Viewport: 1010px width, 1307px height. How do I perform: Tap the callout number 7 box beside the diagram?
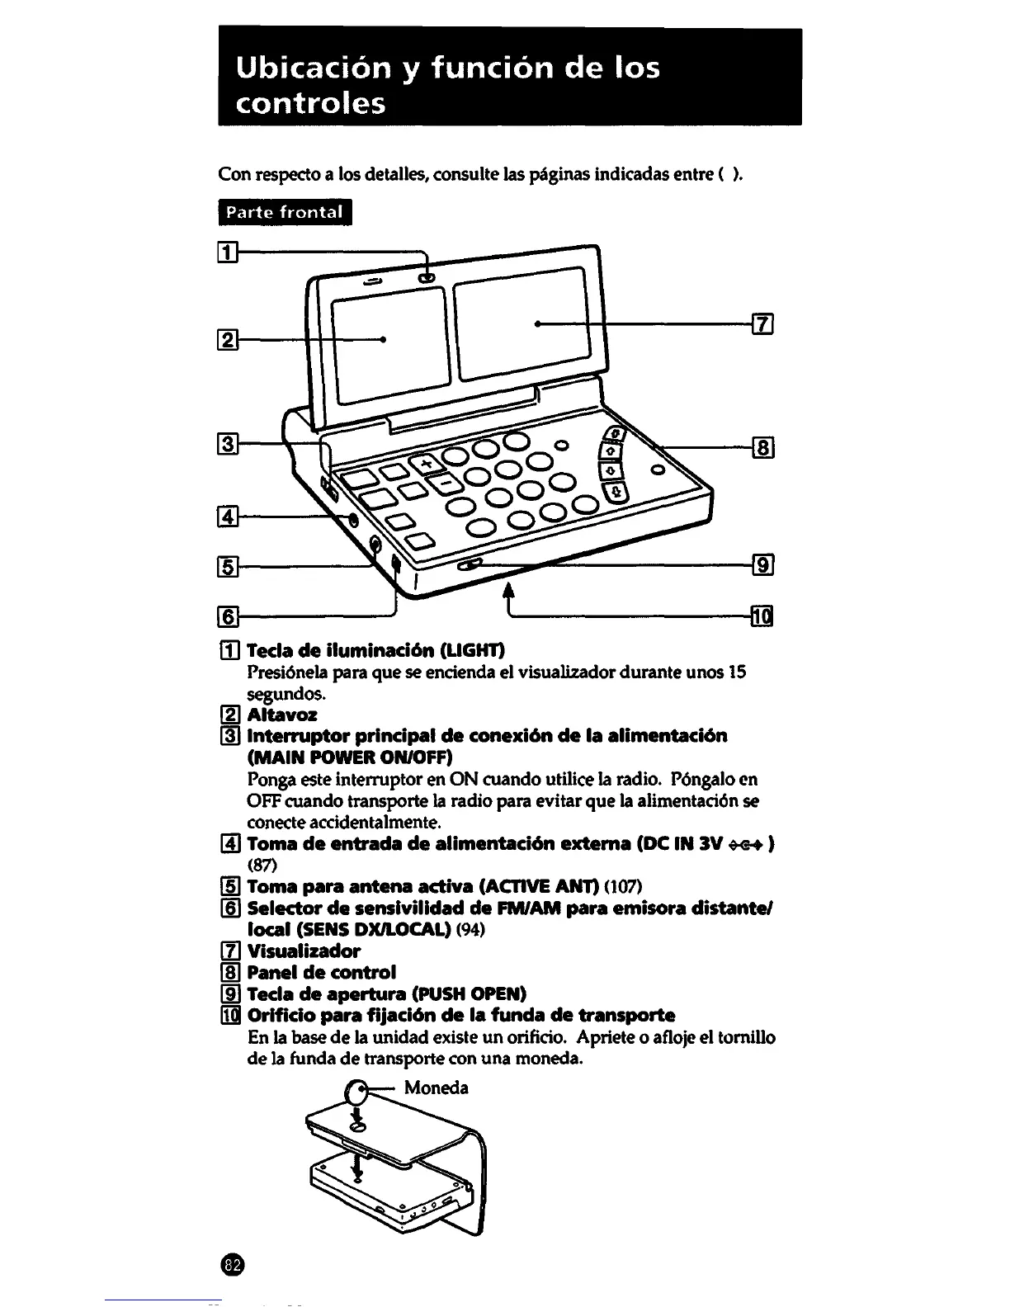click(762, 324)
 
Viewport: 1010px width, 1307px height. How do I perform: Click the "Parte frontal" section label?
click(285, 212)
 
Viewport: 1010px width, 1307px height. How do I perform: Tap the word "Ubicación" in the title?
click(311, 68)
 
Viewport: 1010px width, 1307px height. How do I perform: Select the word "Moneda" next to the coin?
click(437, 1088)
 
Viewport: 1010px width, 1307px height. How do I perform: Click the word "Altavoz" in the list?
click(282, 715)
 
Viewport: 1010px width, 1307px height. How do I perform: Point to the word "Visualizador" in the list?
click(304, 951)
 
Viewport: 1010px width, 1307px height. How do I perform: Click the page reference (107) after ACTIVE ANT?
click(624, 886)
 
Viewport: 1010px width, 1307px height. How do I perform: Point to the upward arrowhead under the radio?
click(508, 588)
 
